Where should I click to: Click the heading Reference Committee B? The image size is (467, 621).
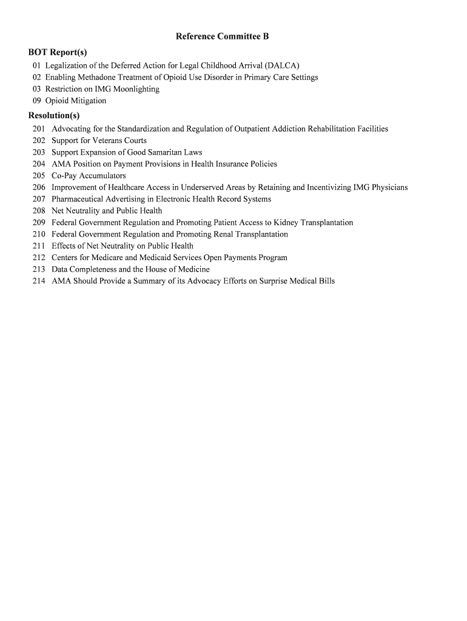pos(222,36)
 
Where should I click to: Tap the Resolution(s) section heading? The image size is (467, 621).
pos(54,116)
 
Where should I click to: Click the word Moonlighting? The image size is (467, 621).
pos(136,89)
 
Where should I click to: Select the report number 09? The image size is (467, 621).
pos(38,101)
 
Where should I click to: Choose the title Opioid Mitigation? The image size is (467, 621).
pos(76,101)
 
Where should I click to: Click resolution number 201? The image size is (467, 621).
pos(39,129)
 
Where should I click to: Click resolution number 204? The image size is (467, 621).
pos(39,164)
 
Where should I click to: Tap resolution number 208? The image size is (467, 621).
pos(39,211)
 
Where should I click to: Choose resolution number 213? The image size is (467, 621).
pos(39,269)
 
